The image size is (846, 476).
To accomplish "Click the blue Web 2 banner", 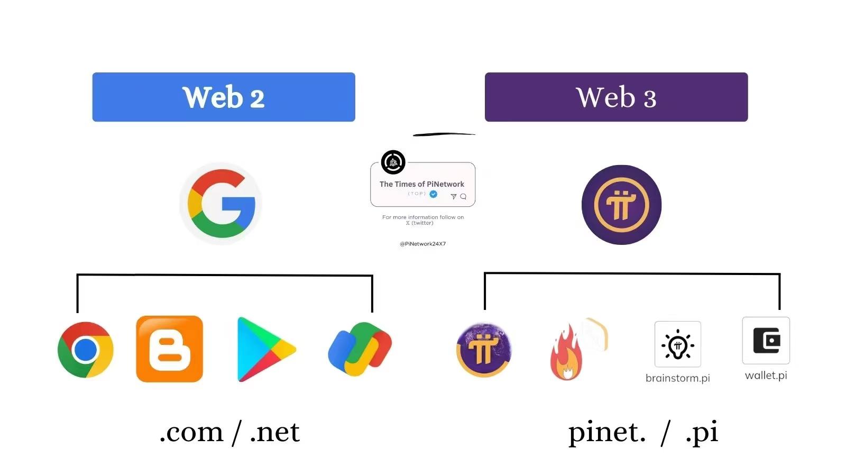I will tap(224, 97).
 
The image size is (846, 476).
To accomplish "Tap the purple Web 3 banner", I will tap(616, 97).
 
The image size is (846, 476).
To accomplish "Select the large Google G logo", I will tap(221, 204).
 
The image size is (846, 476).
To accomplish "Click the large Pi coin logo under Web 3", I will tap(621, 205).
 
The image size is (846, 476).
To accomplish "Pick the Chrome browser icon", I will tap(85, 350).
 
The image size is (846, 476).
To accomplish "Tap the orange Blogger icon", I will tap(169, 349).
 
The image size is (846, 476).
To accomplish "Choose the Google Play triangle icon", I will tap(265, 349).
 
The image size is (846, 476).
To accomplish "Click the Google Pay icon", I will tap(360, 349).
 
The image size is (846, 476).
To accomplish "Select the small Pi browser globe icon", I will tap(483, 350).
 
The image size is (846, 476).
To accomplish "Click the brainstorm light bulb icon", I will tap(677, 344).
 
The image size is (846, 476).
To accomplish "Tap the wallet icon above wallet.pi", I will tap(766, 341).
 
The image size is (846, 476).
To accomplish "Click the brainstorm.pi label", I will tap(677, 378).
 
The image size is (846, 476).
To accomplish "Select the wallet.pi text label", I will tap(766, 376).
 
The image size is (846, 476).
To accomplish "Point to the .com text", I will tap(191, 433).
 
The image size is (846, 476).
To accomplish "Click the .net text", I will tap(275, 433).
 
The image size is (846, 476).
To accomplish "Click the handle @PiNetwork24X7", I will tap(422, 244).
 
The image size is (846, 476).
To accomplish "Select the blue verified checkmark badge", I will tap(434, 194).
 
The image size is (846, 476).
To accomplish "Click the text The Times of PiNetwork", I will tap(421, 184).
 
